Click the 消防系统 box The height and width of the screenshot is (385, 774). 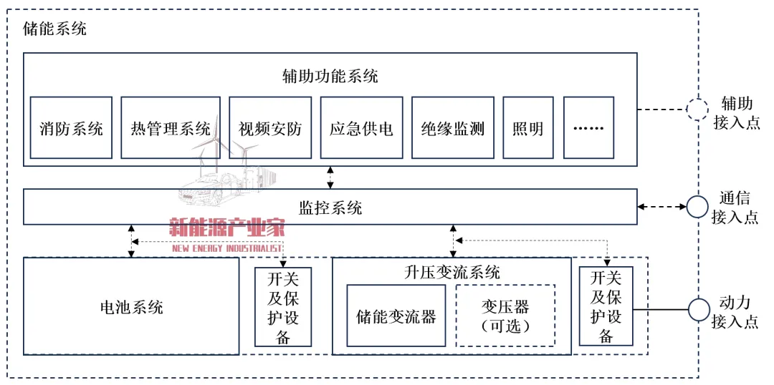click(71, 127)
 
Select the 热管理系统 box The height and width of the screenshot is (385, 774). click(171, 127)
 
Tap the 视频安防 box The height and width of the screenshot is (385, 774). click(270, 127)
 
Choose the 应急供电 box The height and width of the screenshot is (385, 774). click(361, 127)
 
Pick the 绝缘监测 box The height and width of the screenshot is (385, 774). click(453, 127)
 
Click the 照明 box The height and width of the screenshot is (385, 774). click(528, 127)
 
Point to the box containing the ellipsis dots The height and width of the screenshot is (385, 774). click(589, 127)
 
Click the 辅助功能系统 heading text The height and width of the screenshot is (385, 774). click(330, 75)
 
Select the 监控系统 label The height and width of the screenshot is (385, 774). click(330, 208)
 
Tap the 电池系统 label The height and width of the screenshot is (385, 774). click(131, 307)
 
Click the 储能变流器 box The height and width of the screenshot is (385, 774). click(396, 316)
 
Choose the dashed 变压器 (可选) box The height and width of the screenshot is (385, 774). click(506, 316)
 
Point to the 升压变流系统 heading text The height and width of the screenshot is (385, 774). click(452, 272)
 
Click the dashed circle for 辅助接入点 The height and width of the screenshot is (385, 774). click(697, 109)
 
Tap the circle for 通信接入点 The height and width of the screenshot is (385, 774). click(697, 207)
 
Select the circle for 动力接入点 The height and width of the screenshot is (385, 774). click(697, 311)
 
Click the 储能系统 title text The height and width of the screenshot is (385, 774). click(55, 29)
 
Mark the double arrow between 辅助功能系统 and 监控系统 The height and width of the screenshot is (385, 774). click(330, 177)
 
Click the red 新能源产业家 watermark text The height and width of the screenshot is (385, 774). click(227, 228)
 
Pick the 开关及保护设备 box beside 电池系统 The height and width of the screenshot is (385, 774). click(283, 307)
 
